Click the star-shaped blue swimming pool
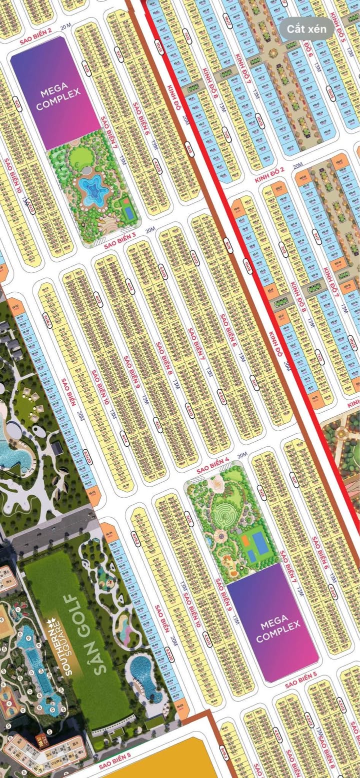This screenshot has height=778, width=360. click(x=92, y=189)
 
